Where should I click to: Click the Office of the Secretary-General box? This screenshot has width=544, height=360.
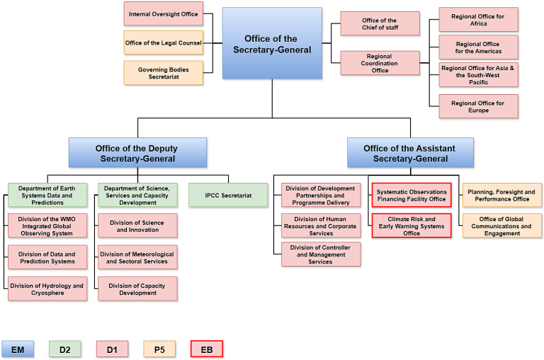click(x=272, y=43)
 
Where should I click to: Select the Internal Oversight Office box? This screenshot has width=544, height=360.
click(x=164, y=13)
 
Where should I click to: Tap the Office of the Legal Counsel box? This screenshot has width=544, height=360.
click(x=164, y=43)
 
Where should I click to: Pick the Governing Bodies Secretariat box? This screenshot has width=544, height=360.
click(x=164, y=72)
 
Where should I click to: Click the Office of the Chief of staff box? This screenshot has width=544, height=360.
click(x=380, y=23)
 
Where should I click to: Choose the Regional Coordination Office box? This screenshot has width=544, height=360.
click(x=380, y=63)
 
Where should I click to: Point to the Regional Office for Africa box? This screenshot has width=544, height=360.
click(x=478, y=19)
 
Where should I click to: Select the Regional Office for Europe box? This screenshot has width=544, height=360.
click(x=478, y=106)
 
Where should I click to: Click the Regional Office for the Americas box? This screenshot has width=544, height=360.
click(x=478, y=47)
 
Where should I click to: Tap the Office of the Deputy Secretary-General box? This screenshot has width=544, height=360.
click(x=137, y=153)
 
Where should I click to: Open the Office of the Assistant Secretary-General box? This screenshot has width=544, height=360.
click(x=410, y=153)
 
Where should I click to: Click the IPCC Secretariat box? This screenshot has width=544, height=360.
click(x=228, y=195)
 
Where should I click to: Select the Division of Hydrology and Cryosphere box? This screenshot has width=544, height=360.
click(x=47, y=289)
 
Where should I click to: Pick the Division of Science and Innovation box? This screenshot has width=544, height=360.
click(x=138, y=226)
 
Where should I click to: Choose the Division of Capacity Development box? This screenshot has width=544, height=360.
click(x=138, y=289)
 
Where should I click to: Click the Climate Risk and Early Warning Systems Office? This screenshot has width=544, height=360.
click(x=412, y=226)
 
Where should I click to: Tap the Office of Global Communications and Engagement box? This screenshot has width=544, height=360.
click(x=501, y=226)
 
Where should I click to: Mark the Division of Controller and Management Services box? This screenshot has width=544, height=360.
click(x=321, y=254)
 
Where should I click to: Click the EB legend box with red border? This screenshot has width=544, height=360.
click(x=207, y=349)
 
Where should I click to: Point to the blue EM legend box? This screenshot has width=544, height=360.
click(x=18, y=349)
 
